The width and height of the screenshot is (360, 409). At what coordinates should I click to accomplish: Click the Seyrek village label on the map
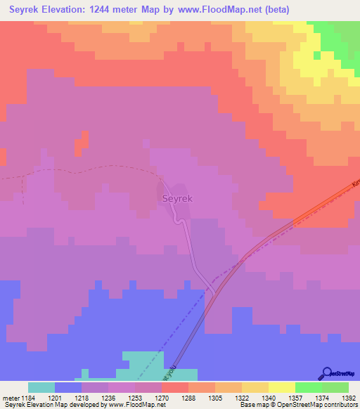(x=177, y=199)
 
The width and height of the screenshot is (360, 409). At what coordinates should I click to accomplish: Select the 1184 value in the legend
(x=29, y=398)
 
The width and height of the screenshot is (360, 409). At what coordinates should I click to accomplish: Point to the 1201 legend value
(x=55, y=398)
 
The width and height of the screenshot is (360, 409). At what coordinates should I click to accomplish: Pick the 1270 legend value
(x=162, y=398)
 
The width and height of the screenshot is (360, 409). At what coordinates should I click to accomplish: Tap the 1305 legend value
(x=214, y=398)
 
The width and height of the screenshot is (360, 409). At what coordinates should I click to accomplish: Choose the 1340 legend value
(x=268, y=398)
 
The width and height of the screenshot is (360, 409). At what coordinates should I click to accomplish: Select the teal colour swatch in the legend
(x=41, y=387)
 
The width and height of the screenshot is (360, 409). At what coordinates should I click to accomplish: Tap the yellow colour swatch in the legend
(x=281, y=387)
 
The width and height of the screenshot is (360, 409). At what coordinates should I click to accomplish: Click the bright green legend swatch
(x=308, y=387)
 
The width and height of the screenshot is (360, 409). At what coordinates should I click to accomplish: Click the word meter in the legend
(x=11, y=398)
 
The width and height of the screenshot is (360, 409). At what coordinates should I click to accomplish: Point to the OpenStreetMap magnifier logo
(x=326, y=373)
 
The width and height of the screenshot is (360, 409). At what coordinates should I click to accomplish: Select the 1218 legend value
(x=82, y=398)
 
